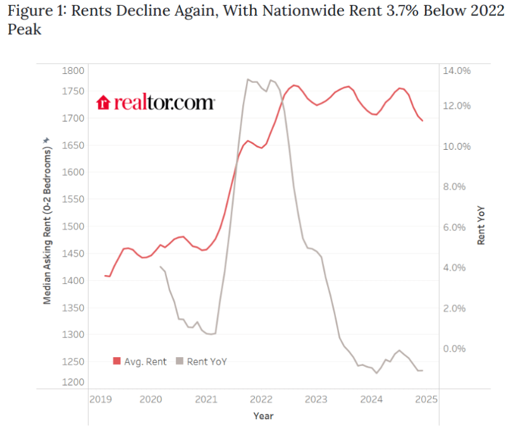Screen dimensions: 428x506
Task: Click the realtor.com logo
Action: [156, 102]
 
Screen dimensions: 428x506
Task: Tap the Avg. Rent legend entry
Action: [140, 362]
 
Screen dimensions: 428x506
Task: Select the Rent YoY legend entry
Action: [202, 362]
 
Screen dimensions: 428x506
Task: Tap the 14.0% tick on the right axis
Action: [456, 70]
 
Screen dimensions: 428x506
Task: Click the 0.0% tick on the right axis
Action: [457, 348]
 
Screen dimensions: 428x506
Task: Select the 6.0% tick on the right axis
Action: [457, 227]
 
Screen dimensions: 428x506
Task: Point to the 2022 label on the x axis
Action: [261, 399]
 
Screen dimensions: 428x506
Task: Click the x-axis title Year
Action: [263, 416]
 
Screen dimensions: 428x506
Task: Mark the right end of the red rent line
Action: [423, 120]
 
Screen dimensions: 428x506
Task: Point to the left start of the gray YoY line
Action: [159, 267]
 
